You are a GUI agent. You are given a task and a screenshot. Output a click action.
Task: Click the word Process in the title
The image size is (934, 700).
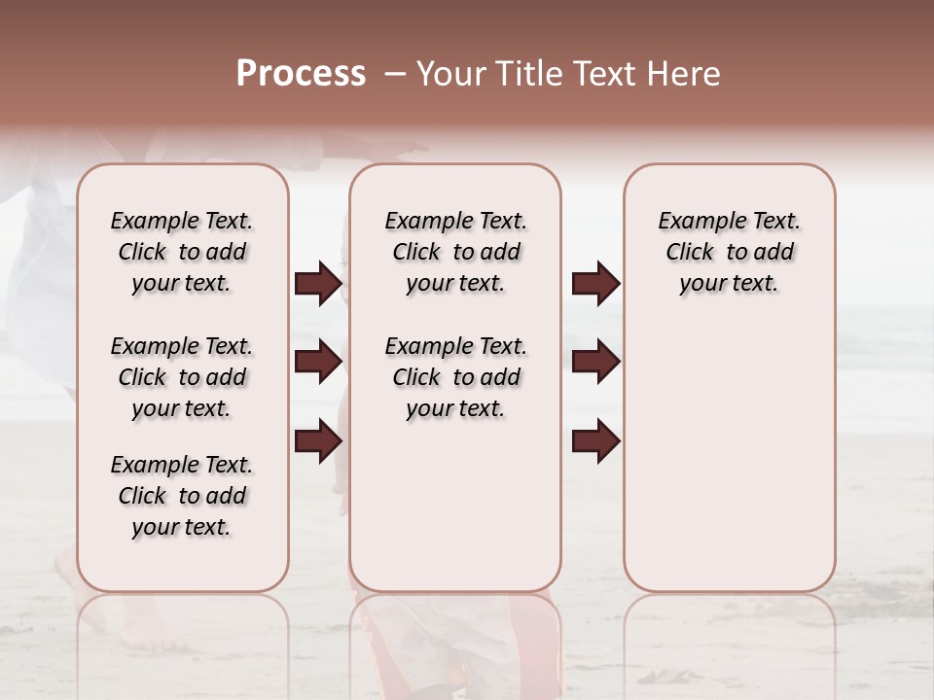pos(301,74)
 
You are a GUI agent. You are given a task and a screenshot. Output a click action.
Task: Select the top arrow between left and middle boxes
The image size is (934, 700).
pos(318,284)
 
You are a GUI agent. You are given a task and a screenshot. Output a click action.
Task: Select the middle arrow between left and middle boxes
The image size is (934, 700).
pos(318,363)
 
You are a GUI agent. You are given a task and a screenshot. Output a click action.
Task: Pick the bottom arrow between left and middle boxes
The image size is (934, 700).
pos(318,441)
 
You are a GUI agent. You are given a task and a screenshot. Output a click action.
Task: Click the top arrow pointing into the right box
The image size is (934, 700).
pos(595,284)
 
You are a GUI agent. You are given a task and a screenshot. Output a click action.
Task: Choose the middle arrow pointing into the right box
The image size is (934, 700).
pos(595,363)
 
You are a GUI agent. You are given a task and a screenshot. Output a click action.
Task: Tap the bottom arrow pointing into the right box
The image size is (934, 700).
pos(595,441)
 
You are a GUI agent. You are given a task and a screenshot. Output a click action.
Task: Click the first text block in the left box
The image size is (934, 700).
pos(182,252)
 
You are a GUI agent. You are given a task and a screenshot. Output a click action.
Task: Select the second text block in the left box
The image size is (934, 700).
pos(182,377)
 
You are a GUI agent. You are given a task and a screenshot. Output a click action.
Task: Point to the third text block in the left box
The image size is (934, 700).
pos(182,496)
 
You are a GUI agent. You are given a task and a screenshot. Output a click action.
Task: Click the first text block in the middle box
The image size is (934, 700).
pos(455,252)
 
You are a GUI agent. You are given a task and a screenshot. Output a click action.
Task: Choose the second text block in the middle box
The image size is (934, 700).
pos(455,377)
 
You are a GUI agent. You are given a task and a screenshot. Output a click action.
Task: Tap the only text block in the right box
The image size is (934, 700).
pos(729,252)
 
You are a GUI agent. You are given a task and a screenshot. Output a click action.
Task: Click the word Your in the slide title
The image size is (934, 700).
pos(452,74)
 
